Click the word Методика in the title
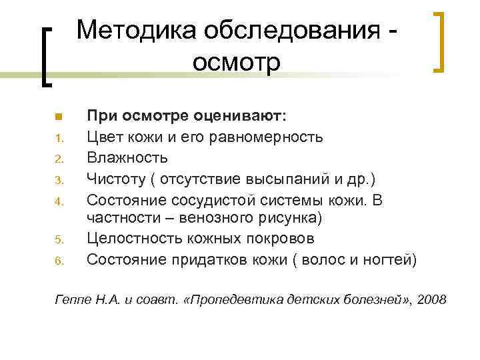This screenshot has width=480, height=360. [x=130, y=29]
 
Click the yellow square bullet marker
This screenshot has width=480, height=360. [x=59, y=117]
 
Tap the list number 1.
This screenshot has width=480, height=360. [x=59, y=139]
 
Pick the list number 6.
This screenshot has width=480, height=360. [x=59, y=261]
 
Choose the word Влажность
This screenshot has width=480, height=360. [x=127, y=158]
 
